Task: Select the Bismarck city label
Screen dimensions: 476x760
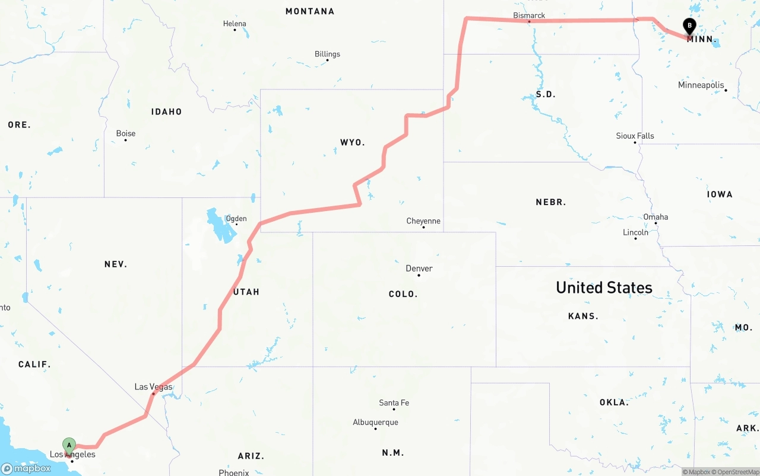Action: click(x=529, y=15)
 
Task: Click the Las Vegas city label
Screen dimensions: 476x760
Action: click(x=153, y=387)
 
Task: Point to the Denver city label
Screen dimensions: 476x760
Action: click(x=419, y=269)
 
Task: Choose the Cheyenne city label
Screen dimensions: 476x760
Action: click(x=423, y=221)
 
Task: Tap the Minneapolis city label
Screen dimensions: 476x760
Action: click(x=701, y=85)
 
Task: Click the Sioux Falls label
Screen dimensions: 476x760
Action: click(x=635, y=136)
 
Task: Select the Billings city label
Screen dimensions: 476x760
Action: click(x=327, y=54)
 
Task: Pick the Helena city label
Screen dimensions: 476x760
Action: click(x=235, y=24)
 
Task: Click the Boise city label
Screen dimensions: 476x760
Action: click(x=125, y=133)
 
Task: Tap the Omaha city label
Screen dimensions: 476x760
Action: click(x=655, y=217)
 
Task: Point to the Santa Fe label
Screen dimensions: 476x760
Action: click(x=394, y=403)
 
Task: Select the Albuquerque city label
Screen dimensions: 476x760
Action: click(x=375, y=423)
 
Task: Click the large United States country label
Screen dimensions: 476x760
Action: click(x=604, y=287)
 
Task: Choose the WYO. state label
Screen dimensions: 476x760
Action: click(x=352, y=143)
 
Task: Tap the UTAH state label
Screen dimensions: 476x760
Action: click(x=246, y=292)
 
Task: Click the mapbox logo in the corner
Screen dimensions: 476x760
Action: click(x=26, y=468)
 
